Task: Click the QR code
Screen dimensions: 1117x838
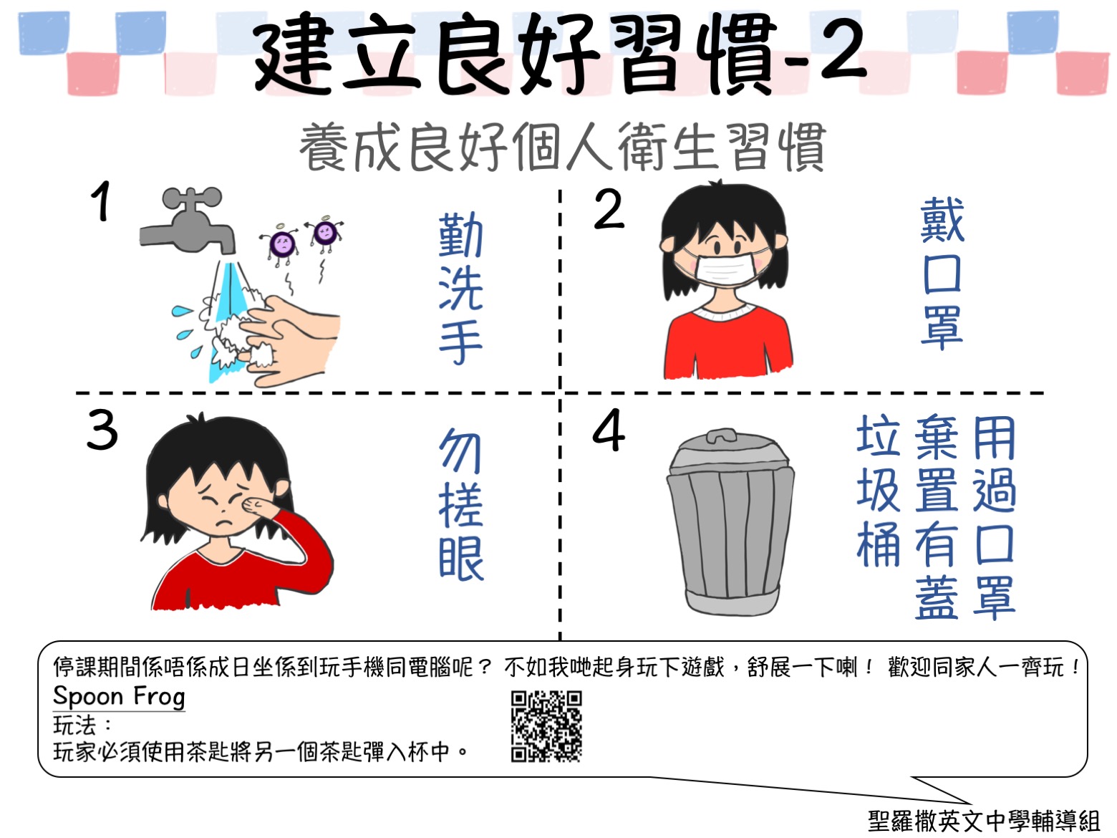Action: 546,726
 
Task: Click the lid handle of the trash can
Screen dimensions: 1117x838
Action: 722,435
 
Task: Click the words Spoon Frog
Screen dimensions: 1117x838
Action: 119,697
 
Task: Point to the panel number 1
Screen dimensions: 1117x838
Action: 101,201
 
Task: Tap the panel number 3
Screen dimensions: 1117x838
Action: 102,430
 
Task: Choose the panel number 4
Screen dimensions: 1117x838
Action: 609,430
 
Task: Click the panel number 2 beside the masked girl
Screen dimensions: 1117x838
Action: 609,208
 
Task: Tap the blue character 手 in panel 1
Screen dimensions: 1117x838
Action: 460,343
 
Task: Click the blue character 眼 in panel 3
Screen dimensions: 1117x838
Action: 461,559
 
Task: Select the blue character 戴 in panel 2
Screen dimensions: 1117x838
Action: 942,219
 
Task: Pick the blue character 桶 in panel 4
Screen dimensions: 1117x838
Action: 879,544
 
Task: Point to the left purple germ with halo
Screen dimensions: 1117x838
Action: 282,244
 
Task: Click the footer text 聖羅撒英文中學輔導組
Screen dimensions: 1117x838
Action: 984,822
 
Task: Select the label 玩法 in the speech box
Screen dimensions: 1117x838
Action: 74,725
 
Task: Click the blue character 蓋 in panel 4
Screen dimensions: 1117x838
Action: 937,598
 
